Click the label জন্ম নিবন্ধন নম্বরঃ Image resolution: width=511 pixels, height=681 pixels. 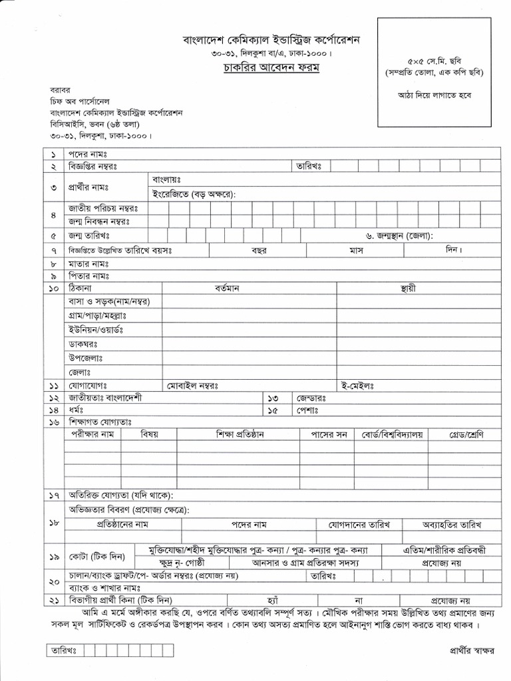pyautogui.click(x=98, y=221)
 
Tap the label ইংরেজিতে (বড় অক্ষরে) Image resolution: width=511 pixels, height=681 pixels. pyautogui.click(x=194, y=194)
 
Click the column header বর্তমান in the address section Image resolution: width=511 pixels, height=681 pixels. pyautogui.click(x=231, y=289)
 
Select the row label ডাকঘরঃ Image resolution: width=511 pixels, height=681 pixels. pyautogui.click(x=83, y=344)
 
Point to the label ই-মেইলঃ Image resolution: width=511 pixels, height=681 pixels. pyautogui.click(x=359, y=386)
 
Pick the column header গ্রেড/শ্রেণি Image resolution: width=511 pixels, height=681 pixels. pyautogui.click(x=465, y=435)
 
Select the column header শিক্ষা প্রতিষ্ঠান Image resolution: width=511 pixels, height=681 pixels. pyautogui.click(x=240, y=435)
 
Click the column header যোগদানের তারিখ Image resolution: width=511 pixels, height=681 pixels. pyautogui.click(x=359, y=524)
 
